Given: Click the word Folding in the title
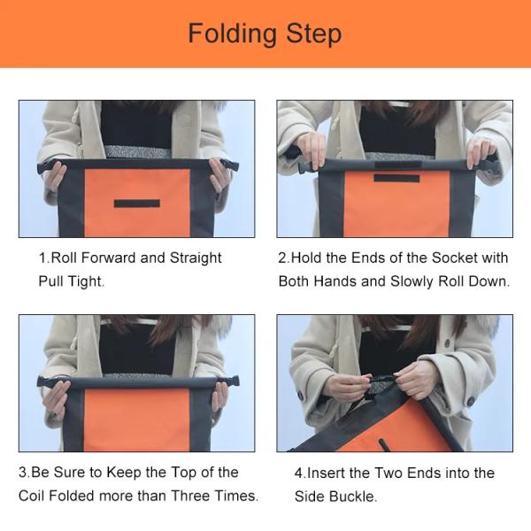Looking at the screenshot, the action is pos(232,35).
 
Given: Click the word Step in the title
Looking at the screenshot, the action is pos(313,35).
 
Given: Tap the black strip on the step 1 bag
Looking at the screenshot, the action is pos(137,204).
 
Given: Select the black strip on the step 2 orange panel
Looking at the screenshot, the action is pos(396,178).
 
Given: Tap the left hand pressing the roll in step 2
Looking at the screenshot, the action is pos(312,150).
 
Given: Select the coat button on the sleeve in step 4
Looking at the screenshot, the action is pos(471,402).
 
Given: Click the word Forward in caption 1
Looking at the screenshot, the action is pos(109,258).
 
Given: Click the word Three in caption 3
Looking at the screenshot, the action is pos(190,496).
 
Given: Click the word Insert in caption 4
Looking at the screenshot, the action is pos(324,473).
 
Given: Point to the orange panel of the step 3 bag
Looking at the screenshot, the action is pos(136,419).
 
